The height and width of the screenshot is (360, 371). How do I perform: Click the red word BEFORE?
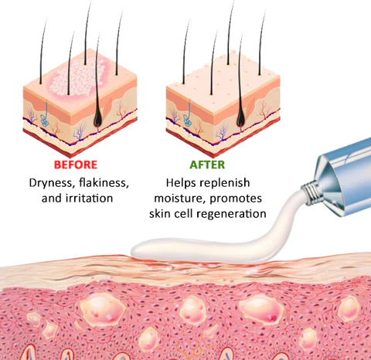(x=76, y=165)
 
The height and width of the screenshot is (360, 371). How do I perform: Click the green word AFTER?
(x=207, y=165)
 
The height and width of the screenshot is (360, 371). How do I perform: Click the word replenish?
(x=225, y=183)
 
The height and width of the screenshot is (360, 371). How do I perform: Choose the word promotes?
(x=236, y=199)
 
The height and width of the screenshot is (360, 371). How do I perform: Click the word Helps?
(x=181, y=183)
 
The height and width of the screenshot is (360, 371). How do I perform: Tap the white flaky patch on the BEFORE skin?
(x=77, y=77)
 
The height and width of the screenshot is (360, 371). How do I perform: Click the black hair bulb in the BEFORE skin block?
(x=98, y=117)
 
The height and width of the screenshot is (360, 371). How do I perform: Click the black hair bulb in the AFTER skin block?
(x=241, y=117)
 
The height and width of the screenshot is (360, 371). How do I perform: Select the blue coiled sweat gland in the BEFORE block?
(x=45, y=120)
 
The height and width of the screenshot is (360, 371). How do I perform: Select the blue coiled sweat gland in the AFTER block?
(x=187, y=121)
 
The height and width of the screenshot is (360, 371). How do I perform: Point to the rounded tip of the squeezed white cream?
(x=135, y=250)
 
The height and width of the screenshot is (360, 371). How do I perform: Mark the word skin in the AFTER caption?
(x=160, y=214)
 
